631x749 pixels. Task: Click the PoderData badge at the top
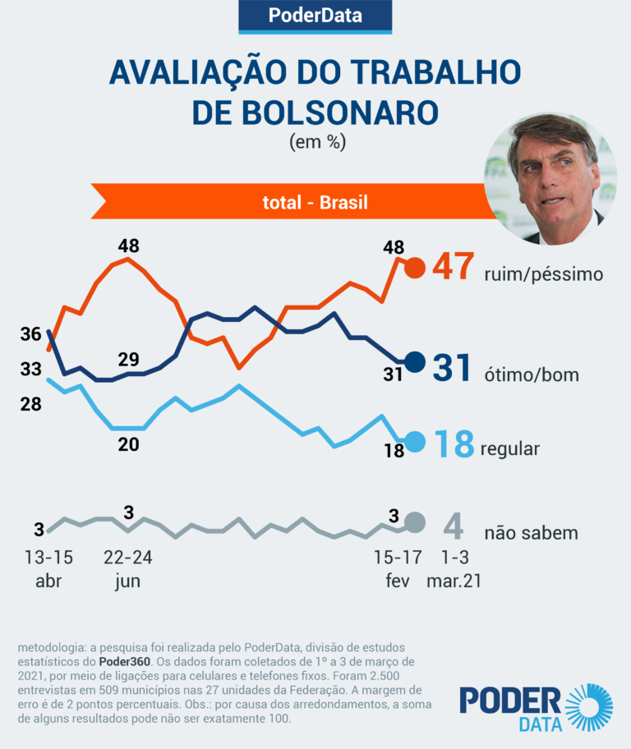coord(315,15)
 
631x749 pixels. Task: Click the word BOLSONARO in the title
coord(315,112)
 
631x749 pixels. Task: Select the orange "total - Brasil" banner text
coord(315,202)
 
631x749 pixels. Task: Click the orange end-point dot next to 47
coord(416,268)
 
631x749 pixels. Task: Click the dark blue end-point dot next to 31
coord(415,362)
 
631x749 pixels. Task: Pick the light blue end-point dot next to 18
coord(415,442)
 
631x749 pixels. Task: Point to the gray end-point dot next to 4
coord(415,522)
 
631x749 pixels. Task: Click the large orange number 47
coord(454,268)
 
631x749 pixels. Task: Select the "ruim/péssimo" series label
coord(544,273)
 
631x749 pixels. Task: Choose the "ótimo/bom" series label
coord(531,374)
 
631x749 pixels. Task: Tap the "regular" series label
coord(509,448)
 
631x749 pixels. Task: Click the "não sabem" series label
coord(532,532)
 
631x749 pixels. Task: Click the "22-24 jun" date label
coord(128,568)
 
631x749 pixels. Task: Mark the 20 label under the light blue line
coord(128,444)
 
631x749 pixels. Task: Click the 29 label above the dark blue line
coord(128,360)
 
